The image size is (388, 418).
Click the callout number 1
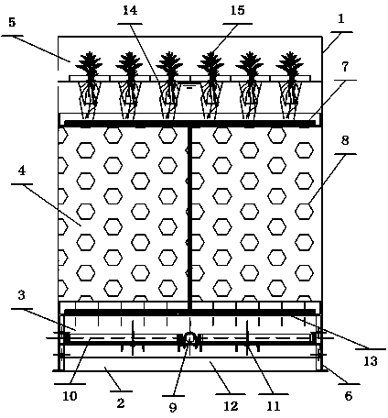[341, 19]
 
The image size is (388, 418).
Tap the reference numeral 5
[12, 22]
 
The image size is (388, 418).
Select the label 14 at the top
[130, 10]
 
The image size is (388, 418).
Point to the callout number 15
[238, 10]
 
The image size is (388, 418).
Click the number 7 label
[345, 67]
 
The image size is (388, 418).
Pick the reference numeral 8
[345, 141]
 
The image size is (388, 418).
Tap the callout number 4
[22, 171]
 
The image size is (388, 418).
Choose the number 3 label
[21, 295]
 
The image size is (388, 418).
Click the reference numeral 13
[371, 361]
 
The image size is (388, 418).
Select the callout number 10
[70, 396]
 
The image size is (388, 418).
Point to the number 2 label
[121, 403]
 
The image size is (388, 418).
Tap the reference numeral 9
[173, 407]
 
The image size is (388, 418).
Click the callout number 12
[231, 406]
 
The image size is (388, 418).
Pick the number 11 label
[274, 406]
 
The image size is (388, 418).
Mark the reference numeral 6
[349, 396]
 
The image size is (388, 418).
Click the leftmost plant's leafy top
[89, 63]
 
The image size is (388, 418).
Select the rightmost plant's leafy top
[289, 63]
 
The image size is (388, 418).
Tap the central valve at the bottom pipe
[189, 338]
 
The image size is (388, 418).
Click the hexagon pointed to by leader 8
[305, 211]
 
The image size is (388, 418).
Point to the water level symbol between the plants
[189, 87]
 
